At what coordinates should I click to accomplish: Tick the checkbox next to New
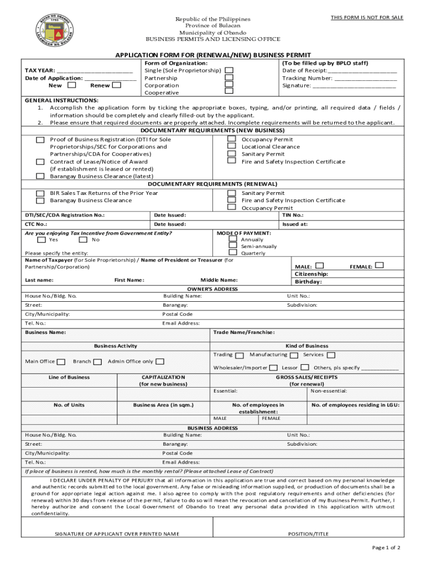(x=71, y=85)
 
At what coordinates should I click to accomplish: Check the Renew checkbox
(x=116, y=85)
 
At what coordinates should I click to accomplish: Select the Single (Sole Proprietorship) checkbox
(x=228, y=71)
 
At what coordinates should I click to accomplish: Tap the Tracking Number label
(x=307, y=78)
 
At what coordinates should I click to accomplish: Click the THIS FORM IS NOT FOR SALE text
(x=367, y=18)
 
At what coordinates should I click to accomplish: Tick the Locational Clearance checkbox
(x=232, y=147)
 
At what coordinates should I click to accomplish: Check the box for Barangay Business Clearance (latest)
(x=40, y=176)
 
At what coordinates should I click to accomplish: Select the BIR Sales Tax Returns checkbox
(x=40, y=193)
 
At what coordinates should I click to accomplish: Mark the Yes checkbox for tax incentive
(x=41, y=240)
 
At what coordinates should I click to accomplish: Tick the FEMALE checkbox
(x=379, y=266)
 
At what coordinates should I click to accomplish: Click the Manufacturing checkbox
(x=294, y=355)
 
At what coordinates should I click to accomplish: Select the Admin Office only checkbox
(x=160, y=362)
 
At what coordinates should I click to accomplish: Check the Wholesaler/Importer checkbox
(x=274, y=368)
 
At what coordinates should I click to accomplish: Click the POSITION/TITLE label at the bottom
(x=308, y=534)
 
